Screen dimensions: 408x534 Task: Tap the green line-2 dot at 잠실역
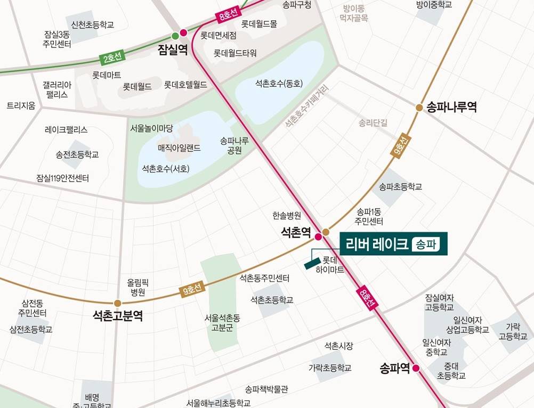click(x=175, y=36)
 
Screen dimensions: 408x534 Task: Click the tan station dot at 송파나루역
click(x=419, y=108)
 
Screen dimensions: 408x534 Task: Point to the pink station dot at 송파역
click(x=416, y=368)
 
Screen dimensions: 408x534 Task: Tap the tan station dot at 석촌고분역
click(x=117, y=304)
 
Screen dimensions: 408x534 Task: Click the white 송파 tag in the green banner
click(x=428, y=244)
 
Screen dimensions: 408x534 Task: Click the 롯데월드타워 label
click(x=235, y=53)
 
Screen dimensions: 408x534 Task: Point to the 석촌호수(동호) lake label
click(x=279, y=84)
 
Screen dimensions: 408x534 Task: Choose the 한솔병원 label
click(x=287, y=216)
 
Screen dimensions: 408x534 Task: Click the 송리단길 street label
click(x=373, y=123)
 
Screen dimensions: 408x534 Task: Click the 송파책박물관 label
click(x=266, y=389)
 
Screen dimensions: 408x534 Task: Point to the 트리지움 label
click(x=21, y=106)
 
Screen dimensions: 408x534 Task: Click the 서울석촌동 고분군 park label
click(x=222, y=323)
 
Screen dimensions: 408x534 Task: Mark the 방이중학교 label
click(x=434, y=5)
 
